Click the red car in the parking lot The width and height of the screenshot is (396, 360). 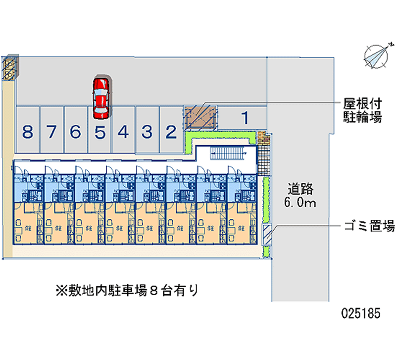tap(100, 98)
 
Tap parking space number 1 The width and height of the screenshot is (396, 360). tap(245, 118)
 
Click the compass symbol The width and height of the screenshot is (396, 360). tap(376, 55)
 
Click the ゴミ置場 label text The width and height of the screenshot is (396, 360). tap(369, 227)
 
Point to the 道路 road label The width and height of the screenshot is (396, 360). tap(301, 189)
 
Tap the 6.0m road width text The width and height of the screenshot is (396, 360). tap(301, 203)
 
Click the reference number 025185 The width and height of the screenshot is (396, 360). tap(360, 313)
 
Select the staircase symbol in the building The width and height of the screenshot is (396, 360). tap(229, 154)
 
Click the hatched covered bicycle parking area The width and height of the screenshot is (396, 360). tap(200, 118)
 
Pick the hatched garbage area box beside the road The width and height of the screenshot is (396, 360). tap(268, 234)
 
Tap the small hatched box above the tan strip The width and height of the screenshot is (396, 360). tap(10, 68)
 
